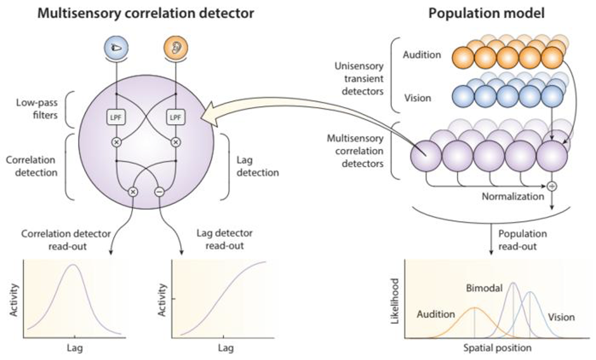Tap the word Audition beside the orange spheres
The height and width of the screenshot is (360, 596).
point(422,55)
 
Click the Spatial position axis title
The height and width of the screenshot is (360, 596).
point(497,347)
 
